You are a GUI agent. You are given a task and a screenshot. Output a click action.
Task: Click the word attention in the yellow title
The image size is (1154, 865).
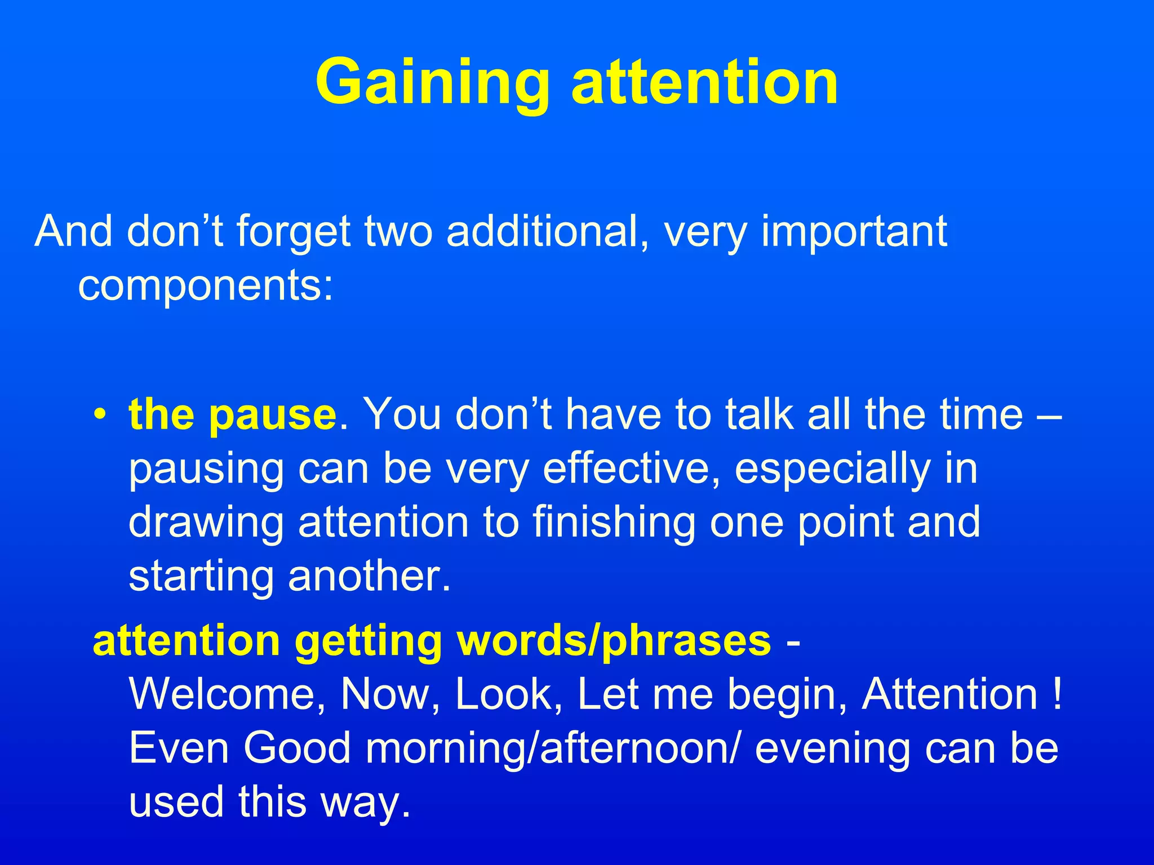(x=704, y=83)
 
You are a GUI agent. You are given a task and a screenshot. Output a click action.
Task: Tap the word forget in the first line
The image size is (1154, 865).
(x=293, y=232)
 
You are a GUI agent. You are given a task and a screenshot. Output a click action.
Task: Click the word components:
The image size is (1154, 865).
(x=206, y=286)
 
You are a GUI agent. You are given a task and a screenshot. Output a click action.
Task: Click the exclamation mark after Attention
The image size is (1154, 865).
(x=1056, y=694)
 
